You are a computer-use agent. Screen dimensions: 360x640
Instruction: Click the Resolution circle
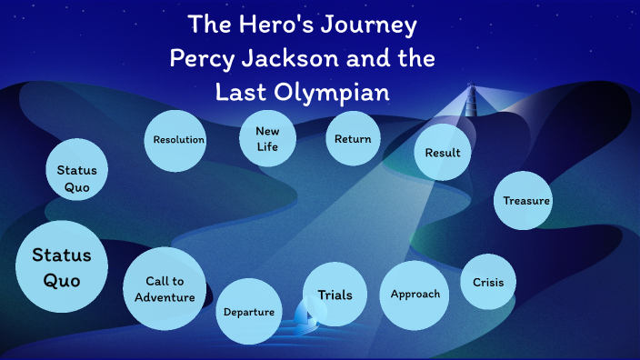[178, 140]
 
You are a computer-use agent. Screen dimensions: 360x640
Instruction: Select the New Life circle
[267, 139]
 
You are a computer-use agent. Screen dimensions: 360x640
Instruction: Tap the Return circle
[353, 139]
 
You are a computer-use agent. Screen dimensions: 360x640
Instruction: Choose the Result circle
[443, 153]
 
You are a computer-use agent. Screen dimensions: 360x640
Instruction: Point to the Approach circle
[415, 295]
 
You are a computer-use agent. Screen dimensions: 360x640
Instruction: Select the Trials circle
[335, 295]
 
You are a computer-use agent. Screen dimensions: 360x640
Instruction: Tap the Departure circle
[249, 312]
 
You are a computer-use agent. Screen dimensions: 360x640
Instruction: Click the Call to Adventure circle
[165, 289]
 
